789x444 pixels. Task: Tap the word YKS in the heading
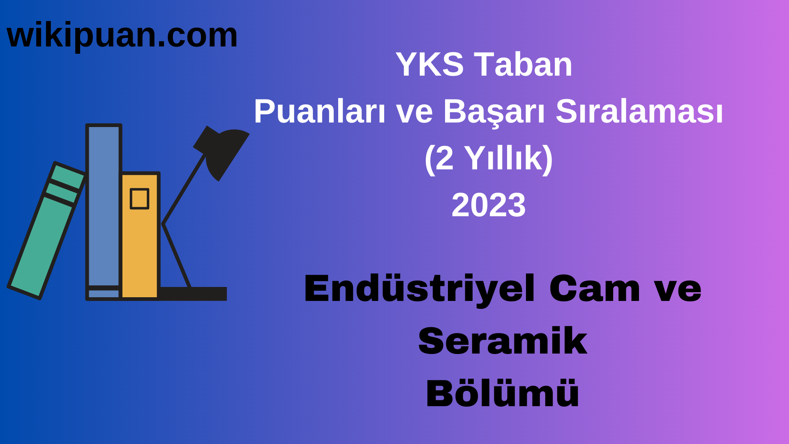pos(429,65)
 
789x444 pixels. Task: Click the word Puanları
pos(319,112)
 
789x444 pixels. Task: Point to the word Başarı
pos(494,112)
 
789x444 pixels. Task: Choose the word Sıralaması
pos(639,112)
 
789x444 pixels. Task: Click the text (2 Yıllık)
pos(488,159)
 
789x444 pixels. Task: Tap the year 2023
pos(488,205)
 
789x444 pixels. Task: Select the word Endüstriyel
pos(420,289)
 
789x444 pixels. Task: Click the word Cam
pos(594,289)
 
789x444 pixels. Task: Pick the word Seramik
pos(502,341)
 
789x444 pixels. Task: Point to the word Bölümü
pos(502,394)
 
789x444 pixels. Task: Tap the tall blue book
pos(104,206)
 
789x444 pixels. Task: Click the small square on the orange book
pos(139,199)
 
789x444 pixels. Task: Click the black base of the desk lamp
pos(193,294)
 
